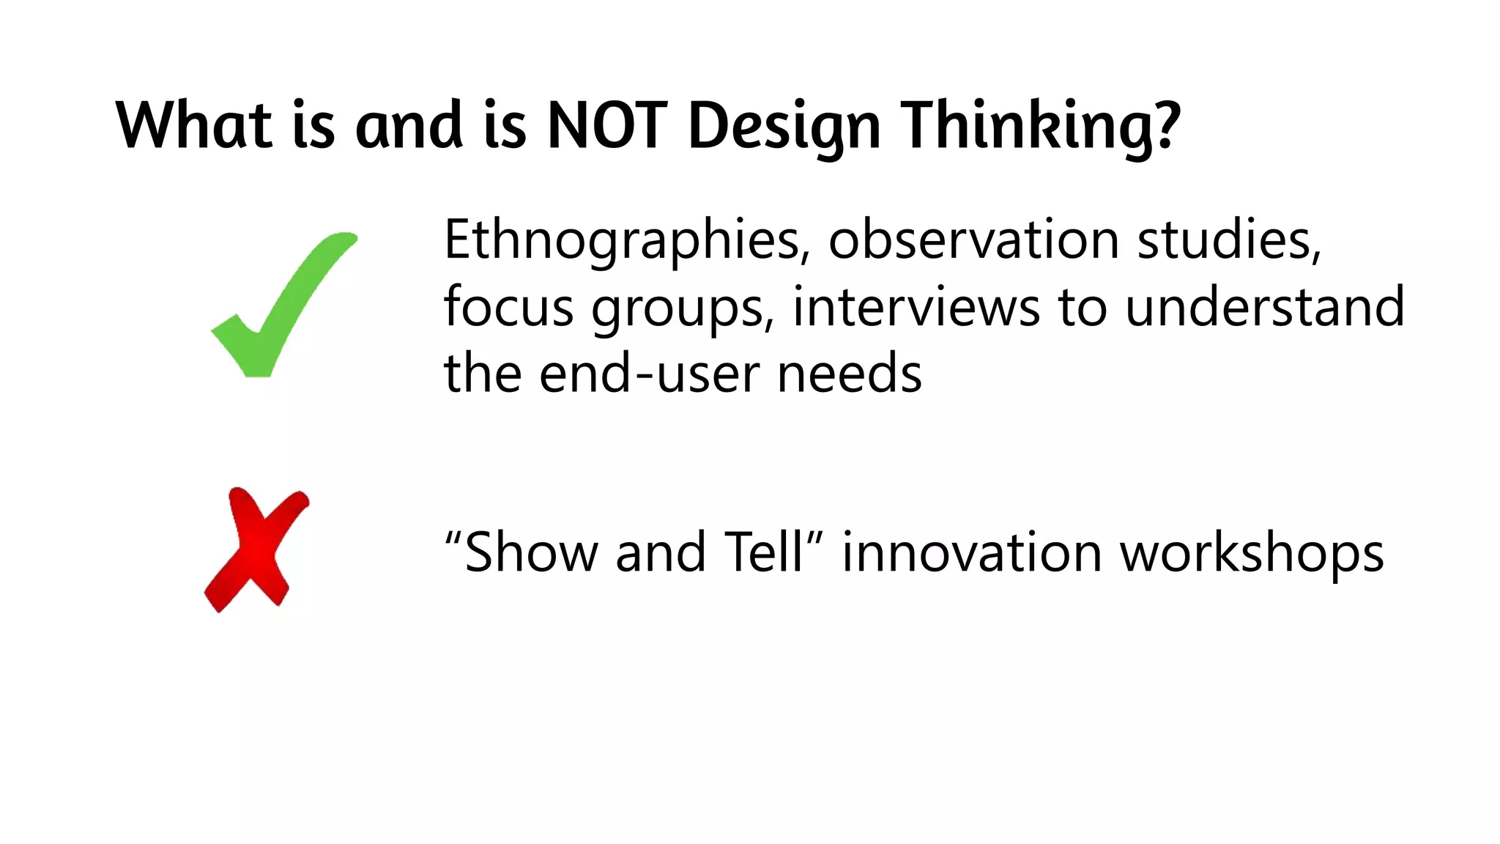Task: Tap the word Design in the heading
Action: tap(784, 126)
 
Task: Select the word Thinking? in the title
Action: tap(1040, 126)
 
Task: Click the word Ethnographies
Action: tap(627, 240)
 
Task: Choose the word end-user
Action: tap(649, 374)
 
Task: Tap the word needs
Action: tap(849, 374)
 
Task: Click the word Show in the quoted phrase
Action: tap(532, 552)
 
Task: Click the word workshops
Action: tap(1252, 554)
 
